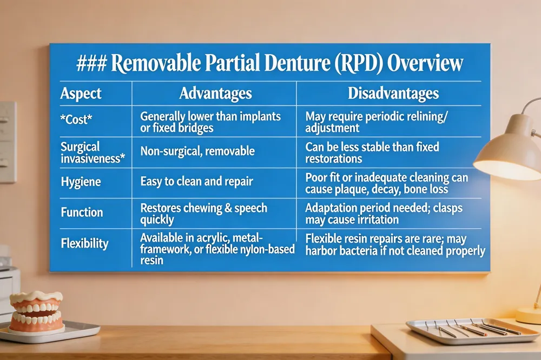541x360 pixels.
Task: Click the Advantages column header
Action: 216,94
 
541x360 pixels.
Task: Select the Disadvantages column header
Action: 393,94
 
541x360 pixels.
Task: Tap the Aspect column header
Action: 81,94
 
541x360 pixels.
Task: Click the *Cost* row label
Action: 76,119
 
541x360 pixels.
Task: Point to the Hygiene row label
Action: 81,182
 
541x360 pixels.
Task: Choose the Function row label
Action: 82,212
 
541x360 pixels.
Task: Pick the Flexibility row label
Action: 84,243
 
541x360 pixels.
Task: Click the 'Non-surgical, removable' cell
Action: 197,151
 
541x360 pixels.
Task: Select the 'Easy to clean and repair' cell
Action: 197,182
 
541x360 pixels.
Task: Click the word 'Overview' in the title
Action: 425,63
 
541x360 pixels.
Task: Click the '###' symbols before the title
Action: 91,64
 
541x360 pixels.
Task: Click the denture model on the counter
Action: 36,312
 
